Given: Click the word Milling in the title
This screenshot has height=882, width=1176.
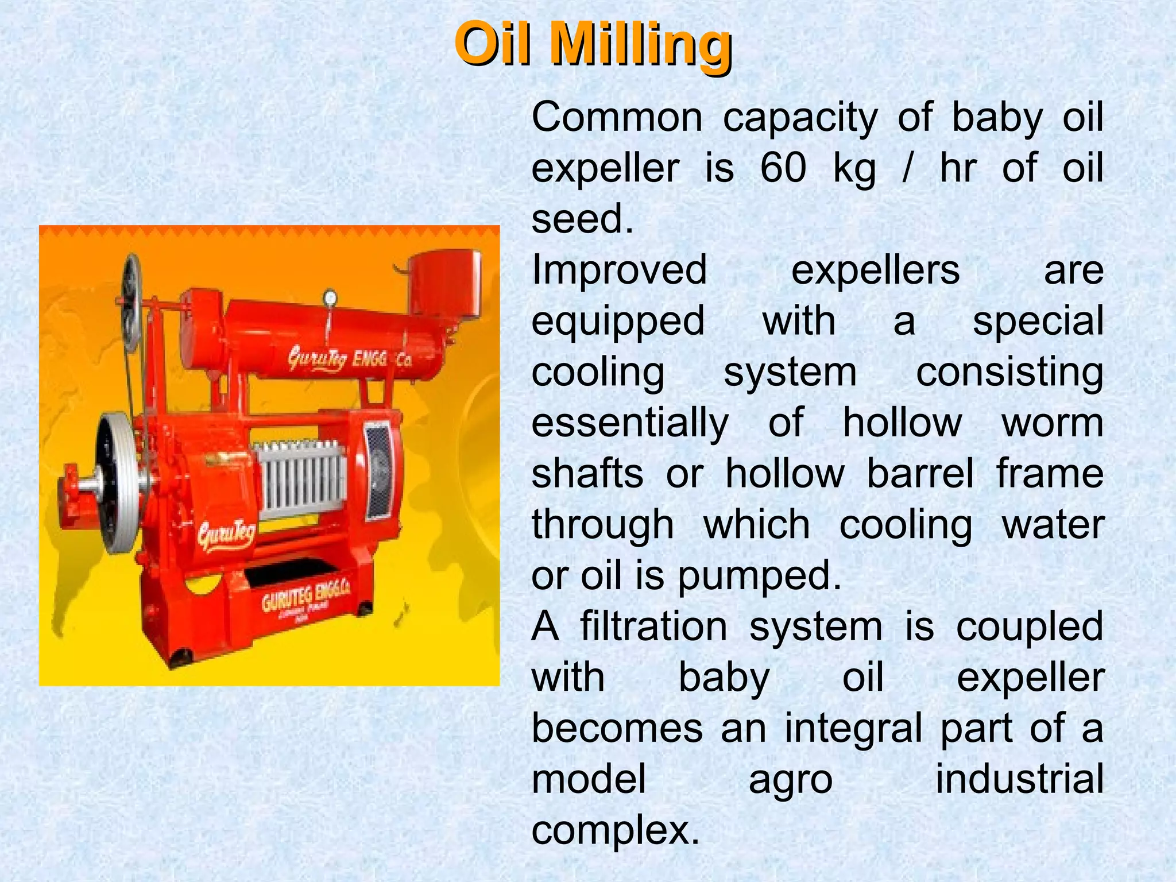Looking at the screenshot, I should click(x=640, y=45).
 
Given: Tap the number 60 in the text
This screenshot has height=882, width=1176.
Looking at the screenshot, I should click(x=783, y=168).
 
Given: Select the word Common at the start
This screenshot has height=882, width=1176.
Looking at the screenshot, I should click(x=617, y=118).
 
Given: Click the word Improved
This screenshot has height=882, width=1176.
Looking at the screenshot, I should click(x=619, y=270).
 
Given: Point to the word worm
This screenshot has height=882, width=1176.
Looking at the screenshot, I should click(x=1052, y=423).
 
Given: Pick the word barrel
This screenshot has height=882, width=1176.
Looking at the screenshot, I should click(x=920, y=474).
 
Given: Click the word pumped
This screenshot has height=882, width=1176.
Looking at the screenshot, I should click(x=759, y=576).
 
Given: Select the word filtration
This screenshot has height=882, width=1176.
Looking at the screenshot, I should click(x=653, y=626).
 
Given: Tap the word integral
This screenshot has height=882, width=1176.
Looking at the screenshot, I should click(x=853, y=728).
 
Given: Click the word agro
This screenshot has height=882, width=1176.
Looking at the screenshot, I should click(x=790, y=780).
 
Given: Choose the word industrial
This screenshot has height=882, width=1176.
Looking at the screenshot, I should click(x=1019, y=779).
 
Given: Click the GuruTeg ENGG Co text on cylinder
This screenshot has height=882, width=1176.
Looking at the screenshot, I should click(x=350, y=359).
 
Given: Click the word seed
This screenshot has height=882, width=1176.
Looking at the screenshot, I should click(x=582, y=219).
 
